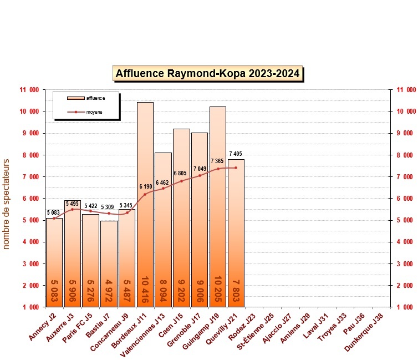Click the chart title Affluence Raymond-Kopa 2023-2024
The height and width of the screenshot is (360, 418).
click(x=208, y=73)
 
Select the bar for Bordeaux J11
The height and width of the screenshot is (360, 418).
click(x=145, y=205)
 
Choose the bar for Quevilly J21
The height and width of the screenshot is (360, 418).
click(x=236, y=233)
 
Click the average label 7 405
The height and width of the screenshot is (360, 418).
click(x=235, y=154)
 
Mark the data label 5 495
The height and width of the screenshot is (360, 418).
click(x=72, y=204)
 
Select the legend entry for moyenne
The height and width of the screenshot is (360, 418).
click(x=94, y=112)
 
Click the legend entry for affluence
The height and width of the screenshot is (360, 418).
click(x=95, y=98)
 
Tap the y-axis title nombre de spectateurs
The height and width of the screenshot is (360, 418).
click(x=7, y=204)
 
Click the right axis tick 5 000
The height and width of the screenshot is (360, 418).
click(x=404, y=220)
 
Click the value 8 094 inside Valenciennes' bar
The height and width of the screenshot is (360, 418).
click(x=164, y=289)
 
